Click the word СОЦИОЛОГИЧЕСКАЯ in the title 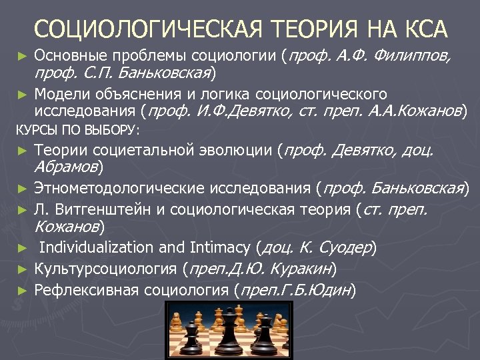coord(142,29)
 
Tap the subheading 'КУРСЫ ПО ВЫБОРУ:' coord(77,129)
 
